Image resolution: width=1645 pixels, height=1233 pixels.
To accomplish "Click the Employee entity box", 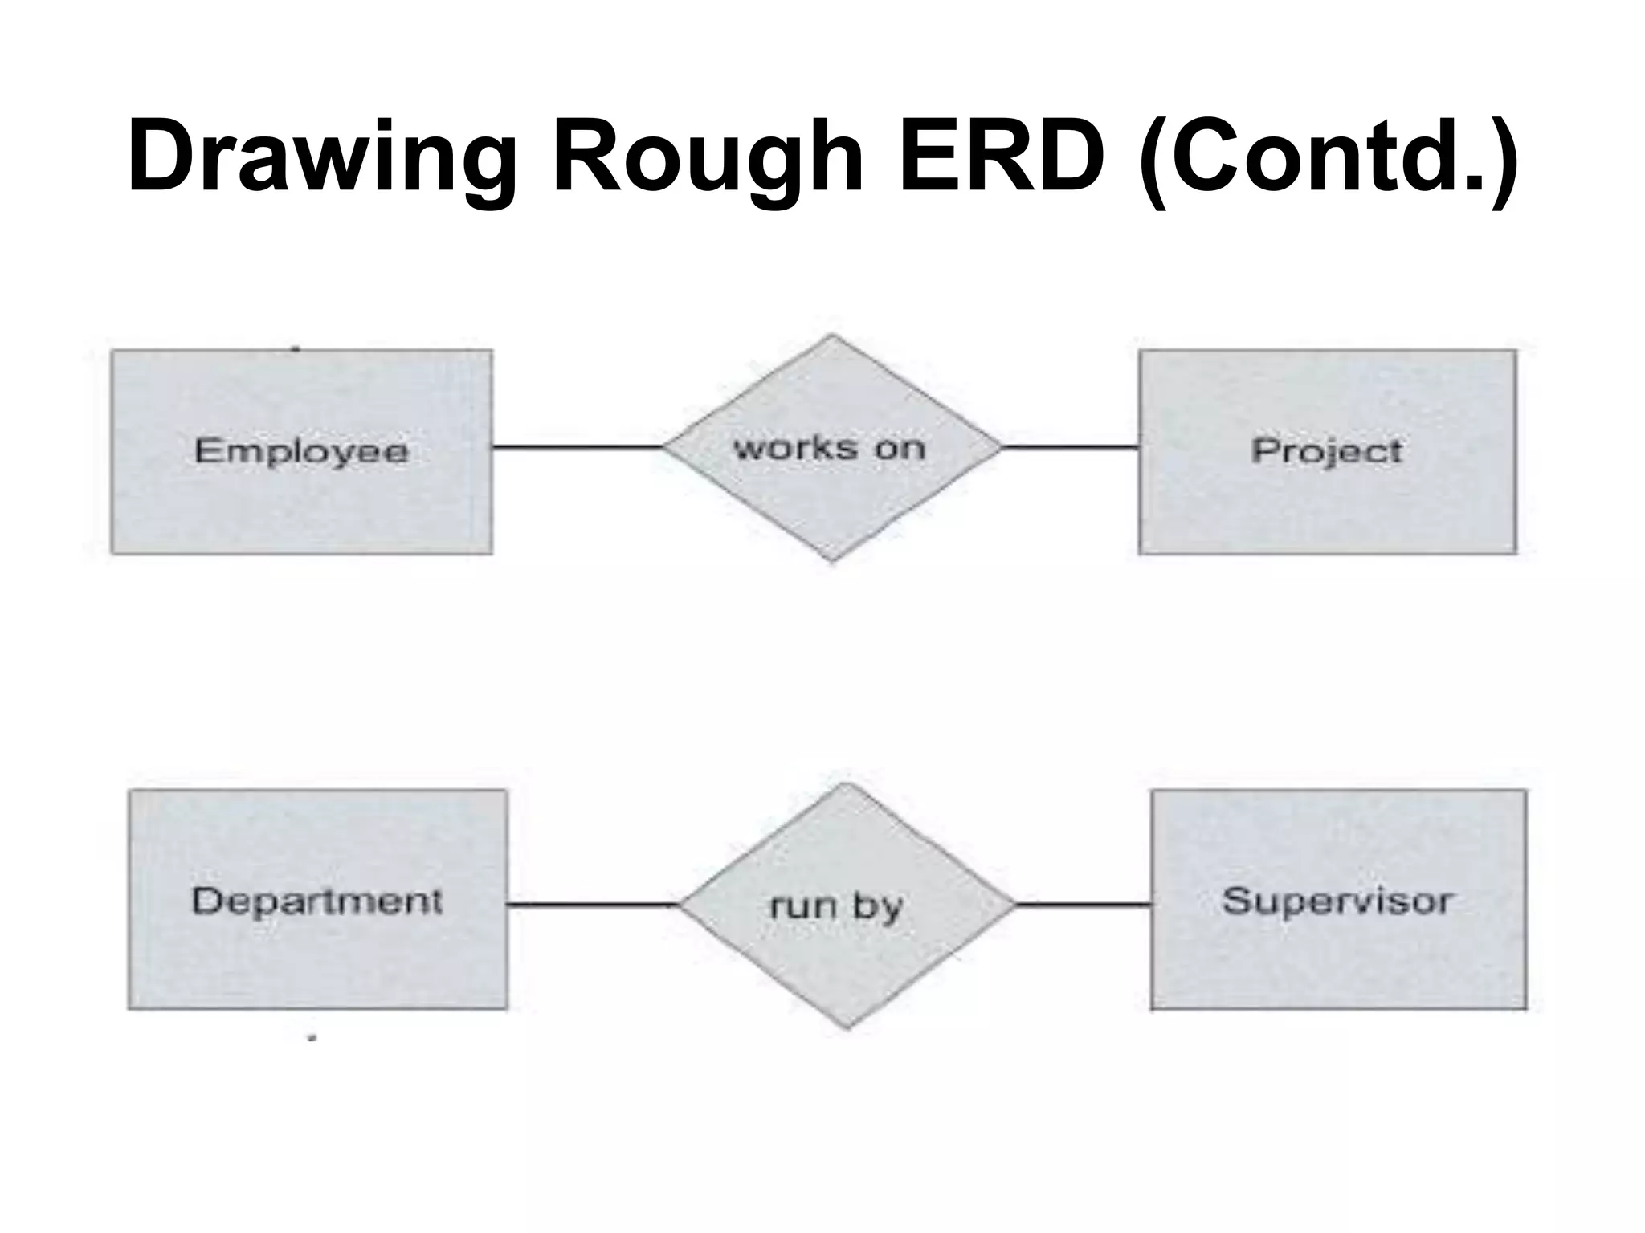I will (301, 498).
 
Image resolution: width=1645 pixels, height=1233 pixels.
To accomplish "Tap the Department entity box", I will (317, 955).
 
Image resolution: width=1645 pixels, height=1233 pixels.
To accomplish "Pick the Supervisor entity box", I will (1338, 955).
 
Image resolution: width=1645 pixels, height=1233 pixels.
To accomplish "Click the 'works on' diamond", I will (832, 498).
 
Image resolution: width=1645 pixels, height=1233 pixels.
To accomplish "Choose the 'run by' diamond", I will (847, 955).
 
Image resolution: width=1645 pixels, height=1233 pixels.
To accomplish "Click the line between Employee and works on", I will (577, 447).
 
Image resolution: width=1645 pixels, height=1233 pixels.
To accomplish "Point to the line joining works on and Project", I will (1070, 447).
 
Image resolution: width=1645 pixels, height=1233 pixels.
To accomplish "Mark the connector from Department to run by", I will (593, 905).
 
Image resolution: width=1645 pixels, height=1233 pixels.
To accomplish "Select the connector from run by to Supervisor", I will (1084, 905).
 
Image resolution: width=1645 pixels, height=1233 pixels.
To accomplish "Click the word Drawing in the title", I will (321, 157).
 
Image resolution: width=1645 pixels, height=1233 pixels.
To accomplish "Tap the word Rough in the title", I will (707, 157).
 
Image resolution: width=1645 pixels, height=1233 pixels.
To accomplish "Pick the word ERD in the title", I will (1001, 157).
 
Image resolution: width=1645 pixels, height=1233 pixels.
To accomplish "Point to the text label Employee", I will (301, 450).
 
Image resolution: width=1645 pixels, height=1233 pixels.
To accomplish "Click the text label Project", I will (1327, 450).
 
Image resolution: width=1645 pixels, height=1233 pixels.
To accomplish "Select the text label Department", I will (317, 901).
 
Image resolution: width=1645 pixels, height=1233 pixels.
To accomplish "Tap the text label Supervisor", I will (1337, 901).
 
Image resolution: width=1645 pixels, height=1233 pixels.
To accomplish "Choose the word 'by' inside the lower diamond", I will (877, 908).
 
